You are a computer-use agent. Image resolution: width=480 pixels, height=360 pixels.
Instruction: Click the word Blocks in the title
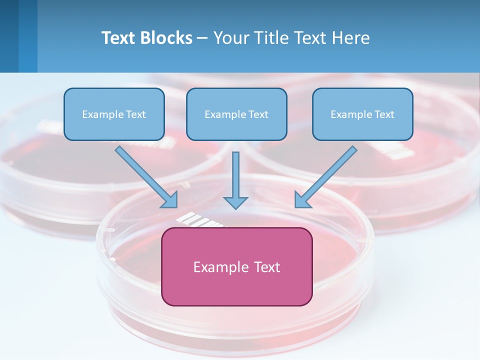167,38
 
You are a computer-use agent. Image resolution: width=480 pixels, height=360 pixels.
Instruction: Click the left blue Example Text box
114,114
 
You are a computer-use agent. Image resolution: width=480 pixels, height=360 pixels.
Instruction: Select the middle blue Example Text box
236,114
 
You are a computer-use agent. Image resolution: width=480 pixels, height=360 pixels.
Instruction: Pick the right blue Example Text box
362,114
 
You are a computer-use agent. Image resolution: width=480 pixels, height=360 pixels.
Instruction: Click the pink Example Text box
237,266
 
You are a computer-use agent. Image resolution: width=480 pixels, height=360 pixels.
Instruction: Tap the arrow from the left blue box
145,176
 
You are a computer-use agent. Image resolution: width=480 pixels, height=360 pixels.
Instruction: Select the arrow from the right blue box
327,176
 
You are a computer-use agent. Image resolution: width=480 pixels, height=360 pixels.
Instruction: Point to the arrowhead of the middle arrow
235,202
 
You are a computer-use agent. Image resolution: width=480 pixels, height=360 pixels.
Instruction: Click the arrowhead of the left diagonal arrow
170,200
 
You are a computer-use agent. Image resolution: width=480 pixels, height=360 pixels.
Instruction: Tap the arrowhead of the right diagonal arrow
302,200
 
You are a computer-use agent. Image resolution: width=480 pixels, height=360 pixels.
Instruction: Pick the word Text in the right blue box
384,114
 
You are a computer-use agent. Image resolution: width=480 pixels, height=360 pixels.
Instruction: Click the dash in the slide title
203,38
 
